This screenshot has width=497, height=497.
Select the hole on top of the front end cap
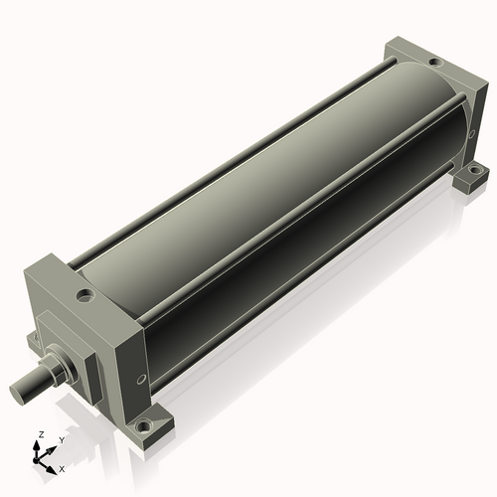tap(85, 294)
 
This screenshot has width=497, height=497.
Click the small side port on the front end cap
tap(141, 379)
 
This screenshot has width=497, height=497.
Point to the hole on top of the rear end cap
tap(434, 62)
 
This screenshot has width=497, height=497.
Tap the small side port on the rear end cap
tap(472, 133)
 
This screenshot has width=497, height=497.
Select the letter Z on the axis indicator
tap(42, 434)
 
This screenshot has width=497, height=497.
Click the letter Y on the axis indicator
tap(62, 440)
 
